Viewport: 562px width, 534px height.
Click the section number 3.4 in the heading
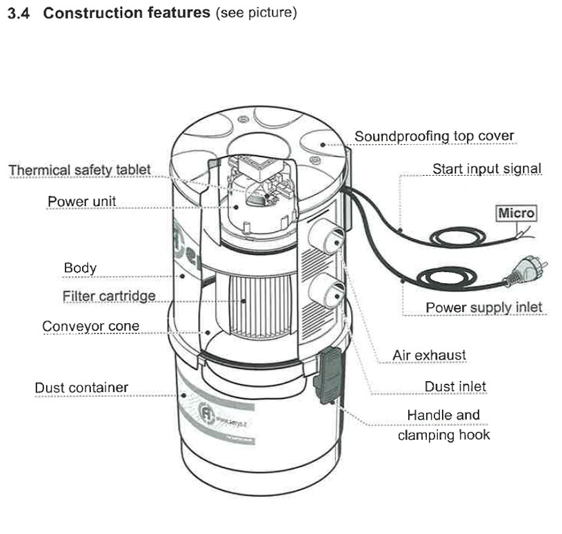[19, 14]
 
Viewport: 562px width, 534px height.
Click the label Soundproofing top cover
[434, 136]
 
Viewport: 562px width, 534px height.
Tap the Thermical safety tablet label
[79, 170]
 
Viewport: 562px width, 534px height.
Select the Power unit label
[81, 201]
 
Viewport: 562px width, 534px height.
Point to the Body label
[80, 267]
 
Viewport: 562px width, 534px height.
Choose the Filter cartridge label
[108, 296]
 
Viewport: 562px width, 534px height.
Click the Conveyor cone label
[90, 326]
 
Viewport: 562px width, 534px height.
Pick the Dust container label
[81, 387]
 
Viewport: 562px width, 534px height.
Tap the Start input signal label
[486, 169]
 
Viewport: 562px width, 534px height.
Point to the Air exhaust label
[429, 356]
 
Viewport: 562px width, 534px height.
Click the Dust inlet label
[455, 386]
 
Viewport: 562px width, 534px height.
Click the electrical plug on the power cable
[521, 276]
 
